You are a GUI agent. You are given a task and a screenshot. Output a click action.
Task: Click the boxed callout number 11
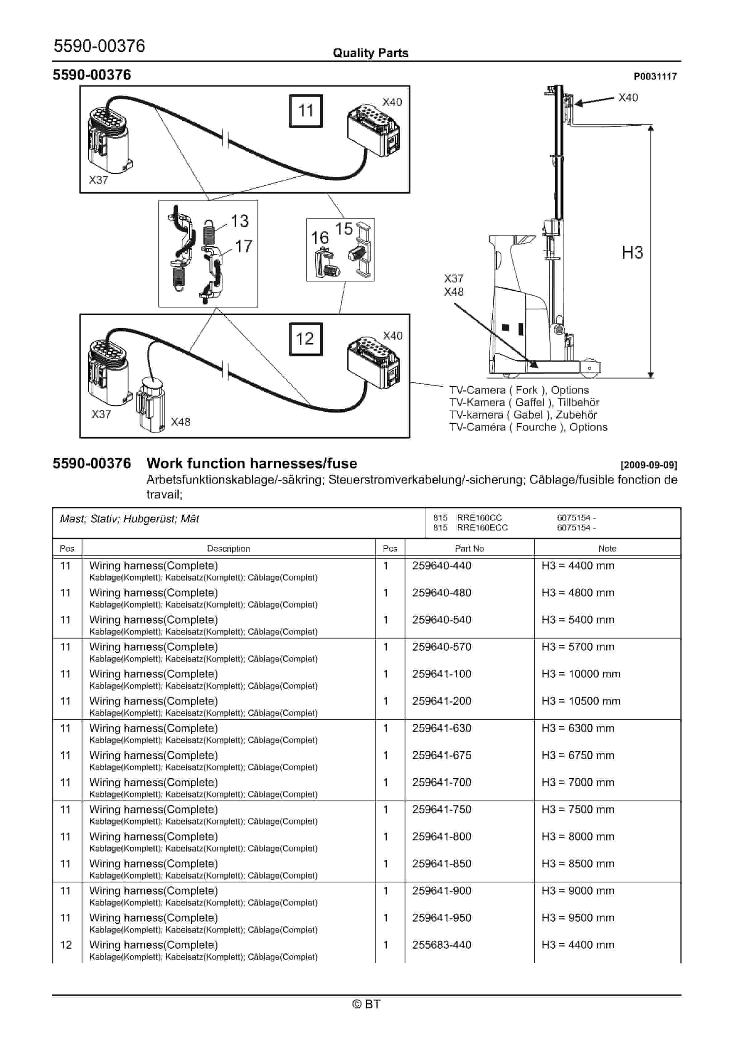tap(306, 111)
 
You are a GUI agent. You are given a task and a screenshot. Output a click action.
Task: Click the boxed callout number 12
tap(306, 339)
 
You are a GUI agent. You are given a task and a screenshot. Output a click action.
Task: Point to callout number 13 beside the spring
tap(240, 221)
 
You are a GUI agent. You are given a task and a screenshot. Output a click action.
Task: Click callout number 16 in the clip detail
tap(319, 238)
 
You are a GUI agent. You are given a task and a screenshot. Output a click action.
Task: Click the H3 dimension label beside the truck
tap(632, 252)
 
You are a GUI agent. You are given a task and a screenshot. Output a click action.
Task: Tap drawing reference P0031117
tap(655, 76)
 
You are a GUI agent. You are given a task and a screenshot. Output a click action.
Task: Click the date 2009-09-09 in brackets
tap(649, 465)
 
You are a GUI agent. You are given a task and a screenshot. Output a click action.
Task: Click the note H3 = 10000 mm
tap(581, 674)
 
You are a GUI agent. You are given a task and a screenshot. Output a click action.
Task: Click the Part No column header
tap(469, 548)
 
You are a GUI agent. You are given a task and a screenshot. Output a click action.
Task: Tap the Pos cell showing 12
tap(66, 945)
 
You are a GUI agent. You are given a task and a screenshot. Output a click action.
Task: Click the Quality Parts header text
tap(370, 53)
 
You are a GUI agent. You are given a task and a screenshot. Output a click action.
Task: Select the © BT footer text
tap(366, 1004)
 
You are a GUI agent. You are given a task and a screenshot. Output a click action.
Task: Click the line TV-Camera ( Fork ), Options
tap(519, 390)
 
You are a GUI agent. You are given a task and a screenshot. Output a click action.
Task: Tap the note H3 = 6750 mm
tap(577, 755)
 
